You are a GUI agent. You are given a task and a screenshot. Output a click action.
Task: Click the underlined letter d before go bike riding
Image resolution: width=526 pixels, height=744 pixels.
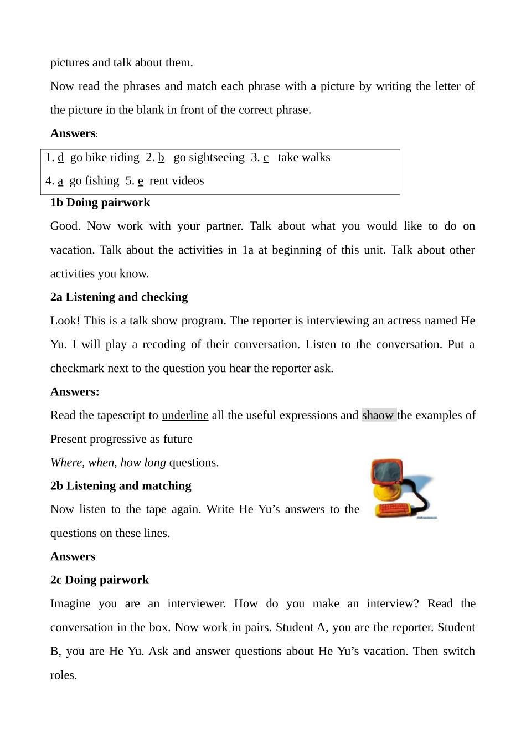[x=60, y=157]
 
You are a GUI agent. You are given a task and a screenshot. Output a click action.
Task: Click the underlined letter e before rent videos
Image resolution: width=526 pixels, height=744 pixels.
[x=141, y=180]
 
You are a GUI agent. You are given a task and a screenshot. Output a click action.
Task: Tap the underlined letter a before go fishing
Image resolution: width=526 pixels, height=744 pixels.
[x=60, y=180]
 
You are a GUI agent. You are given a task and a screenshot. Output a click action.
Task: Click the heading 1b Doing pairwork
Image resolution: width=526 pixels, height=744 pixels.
[x=100, y=203]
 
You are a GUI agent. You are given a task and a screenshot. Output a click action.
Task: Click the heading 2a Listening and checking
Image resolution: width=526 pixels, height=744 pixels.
[x=119, y=297]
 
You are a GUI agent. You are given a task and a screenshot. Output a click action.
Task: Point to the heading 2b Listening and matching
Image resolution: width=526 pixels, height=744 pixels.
[x=121, y=486]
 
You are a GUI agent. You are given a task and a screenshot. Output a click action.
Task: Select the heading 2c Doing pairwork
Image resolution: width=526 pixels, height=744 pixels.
[x=100, y=580]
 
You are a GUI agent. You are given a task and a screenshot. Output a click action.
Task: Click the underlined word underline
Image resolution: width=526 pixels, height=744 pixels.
[x=185, y=415]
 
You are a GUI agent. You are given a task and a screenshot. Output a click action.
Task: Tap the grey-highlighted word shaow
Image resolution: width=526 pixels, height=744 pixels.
[x=378, y=415]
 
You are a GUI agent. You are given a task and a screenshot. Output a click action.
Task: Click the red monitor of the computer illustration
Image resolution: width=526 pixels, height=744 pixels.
[x=387, y=474]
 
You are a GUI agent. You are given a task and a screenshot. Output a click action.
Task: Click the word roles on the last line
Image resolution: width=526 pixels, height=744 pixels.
[x=64, y=675]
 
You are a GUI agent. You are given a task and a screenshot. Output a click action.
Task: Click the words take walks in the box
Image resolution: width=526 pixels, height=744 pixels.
[x=304, y=157]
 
